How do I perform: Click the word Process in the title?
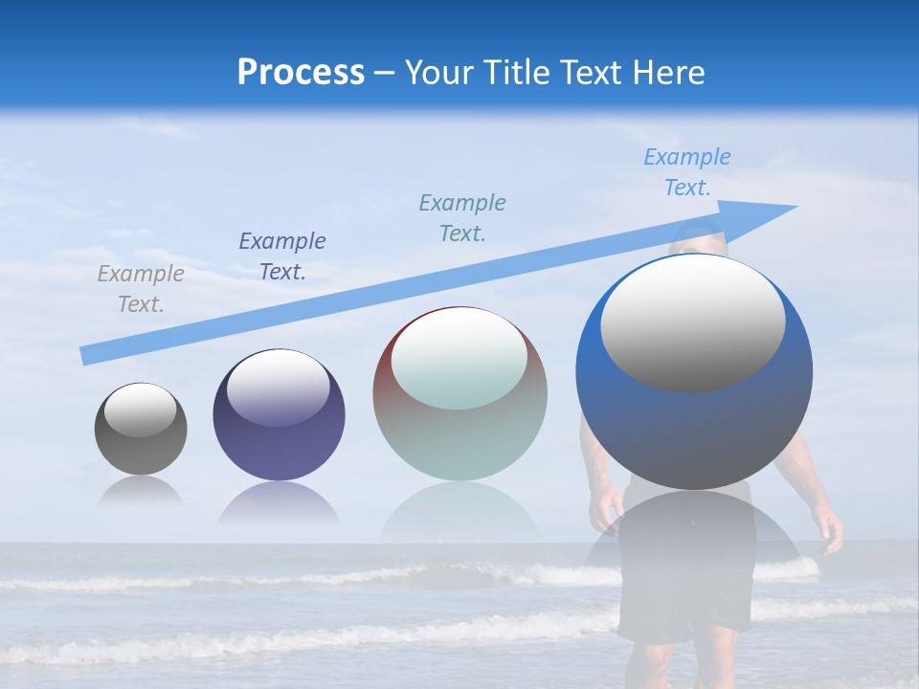tap(301, 73)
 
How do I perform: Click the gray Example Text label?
tap(141, 289)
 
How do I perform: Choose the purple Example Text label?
tap(282, 256)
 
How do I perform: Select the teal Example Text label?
tap(462, 218)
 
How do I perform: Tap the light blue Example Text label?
tap(687, 172)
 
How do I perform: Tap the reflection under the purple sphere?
tap(279, 502)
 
